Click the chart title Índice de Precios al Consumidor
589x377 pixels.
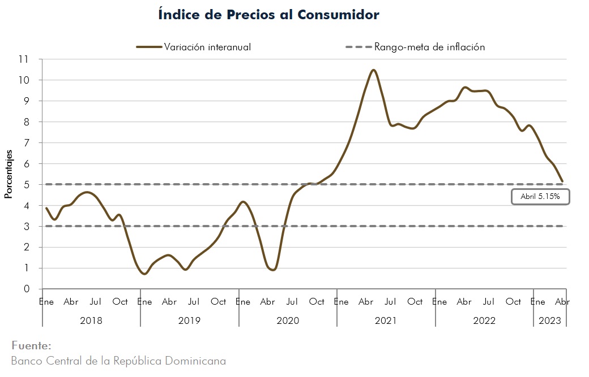tap(269, 15)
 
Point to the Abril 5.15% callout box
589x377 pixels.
tap(540, 197)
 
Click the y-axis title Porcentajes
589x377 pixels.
tap(8, 174)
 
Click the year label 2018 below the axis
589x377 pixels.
tap(91, 320)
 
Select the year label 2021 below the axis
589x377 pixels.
tap(386, 320)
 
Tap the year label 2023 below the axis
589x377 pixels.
tap(549, 320)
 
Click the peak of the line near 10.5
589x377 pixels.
tap(373, 70)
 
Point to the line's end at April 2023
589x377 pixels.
tap(562, 181)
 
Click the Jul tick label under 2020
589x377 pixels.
tap(292, 302)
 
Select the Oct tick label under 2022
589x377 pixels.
tap(513, 302)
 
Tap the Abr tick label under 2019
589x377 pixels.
tap(169, 302)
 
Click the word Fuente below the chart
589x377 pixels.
tap(31, 345)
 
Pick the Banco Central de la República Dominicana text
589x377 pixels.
tap(118, 361)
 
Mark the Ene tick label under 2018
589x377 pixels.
tap(46, 302)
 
